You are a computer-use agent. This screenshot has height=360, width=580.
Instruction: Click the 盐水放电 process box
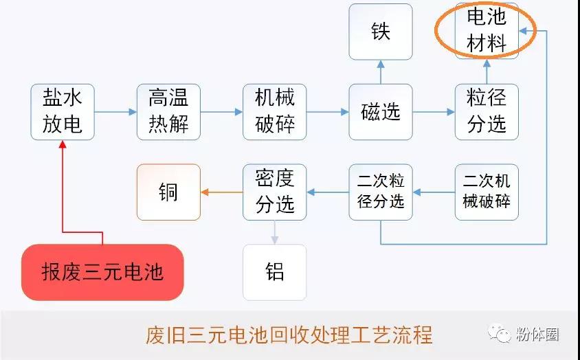[x=63, y=112]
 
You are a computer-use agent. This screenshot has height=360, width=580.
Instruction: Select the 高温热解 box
[x=168, y=112]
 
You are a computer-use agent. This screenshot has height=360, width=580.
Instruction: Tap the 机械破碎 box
[x=274, y=112]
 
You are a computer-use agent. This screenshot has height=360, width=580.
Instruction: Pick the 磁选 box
[x=381, y=112]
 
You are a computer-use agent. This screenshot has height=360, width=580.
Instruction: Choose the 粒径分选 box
[x=487, y=112]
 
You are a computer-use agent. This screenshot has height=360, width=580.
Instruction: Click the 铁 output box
[x=381, y=32]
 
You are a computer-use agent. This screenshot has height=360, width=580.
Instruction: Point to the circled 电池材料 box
[x=487, y=30]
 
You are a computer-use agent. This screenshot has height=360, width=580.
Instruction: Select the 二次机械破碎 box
[x=487, y=192]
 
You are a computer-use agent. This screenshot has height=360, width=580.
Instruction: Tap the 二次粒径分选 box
[x=381, y=192]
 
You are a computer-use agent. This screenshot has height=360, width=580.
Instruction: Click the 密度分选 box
[x=274, y=192]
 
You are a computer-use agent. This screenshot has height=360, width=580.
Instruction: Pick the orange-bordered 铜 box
[x=168, y=192]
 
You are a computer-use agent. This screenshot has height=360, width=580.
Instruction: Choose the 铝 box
[x=274, y=272]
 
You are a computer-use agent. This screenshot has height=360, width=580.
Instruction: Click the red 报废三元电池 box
[x=102, y=272]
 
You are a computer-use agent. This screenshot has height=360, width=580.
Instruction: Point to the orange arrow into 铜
[x=221, y=192]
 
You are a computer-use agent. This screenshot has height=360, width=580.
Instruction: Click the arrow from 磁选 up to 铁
[x=381, y=72]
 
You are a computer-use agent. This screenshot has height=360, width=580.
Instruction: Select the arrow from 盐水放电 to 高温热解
[x=115, y=112]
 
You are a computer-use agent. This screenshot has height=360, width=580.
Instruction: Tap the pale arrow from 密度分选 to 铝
[x=274, y=232]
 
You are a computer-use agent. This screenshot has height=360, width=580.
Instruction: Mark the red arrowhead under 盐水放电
[x=63, y=144]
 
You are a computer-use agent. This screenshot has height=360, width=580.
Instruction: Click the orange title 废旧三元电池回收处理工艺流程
[x=289, y=335]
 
